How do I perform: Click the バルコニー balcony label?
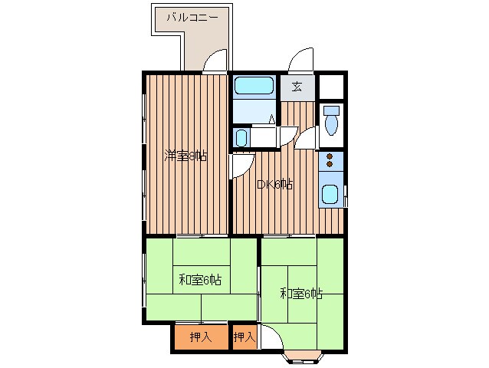pos(192,16)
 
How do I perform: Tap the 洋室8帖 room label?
pos(185,156)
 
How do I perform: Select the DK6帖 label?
pos(274,184)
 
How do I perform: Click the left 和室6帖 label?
pos(200,280)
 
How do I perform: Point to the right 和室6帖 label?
pos(301,293)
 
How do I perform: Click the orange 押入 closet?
pos(201,337)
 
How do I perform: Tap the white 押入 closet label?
pos(244,337)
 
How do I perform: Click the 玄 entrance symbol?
pos(297,86)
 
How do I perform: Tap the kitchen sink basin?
pos(330,195)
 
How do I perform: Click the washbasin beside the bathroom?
pos(241,138)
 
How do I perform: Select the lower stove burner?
pos(330,164)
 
